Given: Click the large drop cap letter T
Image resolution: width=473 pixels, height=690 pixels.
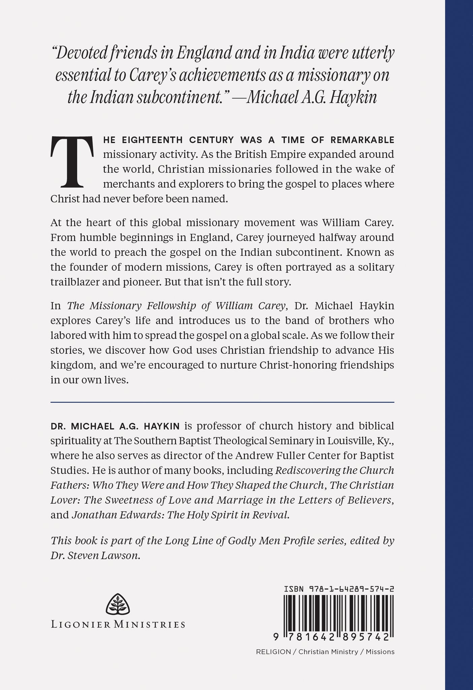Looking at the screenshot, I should pos(72,162).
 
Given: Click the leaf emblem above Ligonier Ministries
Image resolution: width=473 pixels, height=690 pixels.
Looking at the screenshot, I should pos(118,605).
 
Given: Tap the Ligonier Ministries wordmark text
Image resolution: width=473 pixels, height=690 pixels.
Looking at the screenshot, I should pos(118,624).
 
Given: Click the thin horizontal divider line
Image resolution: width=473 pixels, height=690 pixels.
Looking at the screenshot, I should pos(222,402).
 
